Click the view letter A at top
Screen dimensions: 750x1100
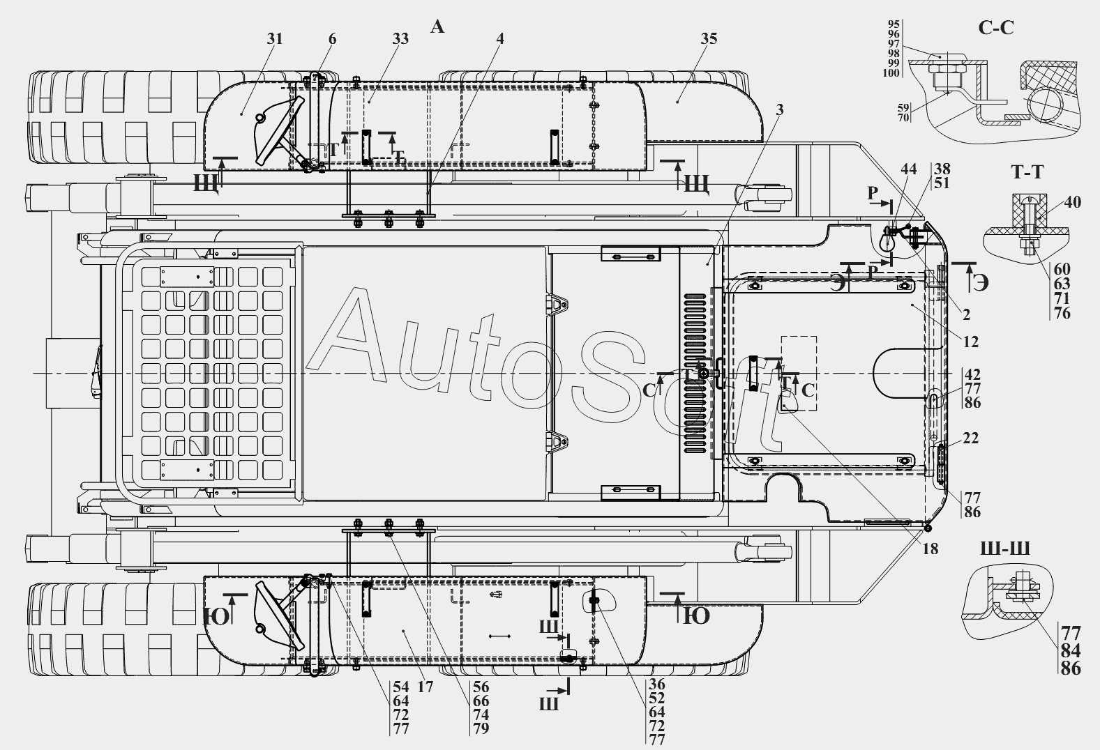(x=437, y=26)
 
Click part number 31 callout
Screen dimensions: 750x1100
(x=275, y=38)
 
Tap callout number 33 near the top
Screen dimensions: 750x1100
(x=400, y=38)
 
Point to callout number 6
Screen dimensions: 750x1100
(x=332, y=38)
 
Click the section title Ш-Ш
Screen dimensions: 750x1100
(x=1005, y=549)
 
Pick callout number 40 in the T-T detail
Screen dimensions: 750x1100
(x=1073, y=202)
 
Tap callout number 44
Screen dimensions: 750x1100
(x=909, y=169)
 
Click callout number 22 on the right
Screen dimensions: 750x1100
(x=970, y=438)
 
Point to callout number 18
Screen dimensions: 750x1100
(x=930, y=549)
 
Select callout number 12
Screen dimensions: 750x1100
(x=971, y=342)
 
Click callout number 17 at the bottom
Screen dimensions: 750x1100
(x=425, y=687)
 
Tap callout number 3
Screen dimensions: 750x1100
(x=778, y=109)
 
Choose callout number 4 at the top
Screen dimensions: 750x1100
(x=499, y=38)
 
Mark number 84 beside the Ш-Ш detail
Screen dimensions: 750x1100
(x=1071, y=650)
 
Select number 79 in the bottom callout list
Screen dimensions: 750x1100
(x=481, y=728)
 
